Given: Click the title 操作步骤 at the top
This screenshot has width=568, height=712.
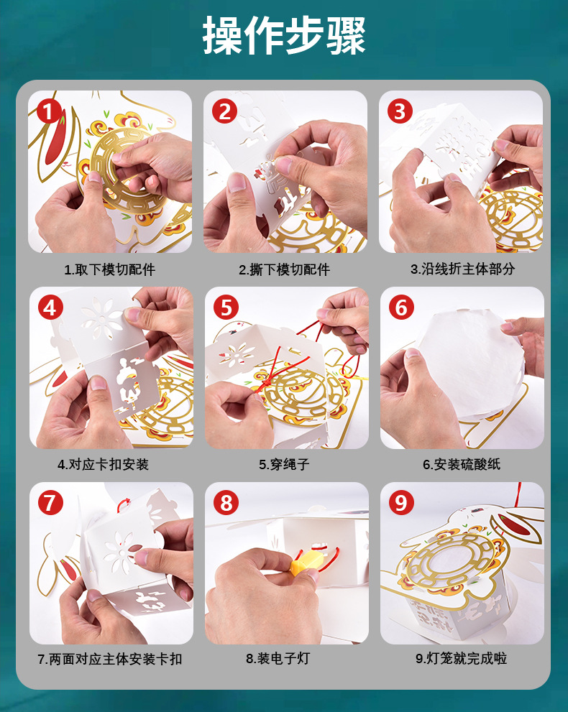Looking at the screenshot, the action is (284, 35).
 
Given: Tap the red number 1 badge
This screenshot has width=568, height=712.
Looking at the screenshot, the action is (49, 111).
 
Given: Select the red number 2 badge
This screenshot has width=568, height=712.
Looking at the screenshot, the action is (224, 111).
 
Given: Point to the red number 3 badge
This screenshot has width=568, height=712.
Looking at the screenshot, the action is (400, 111).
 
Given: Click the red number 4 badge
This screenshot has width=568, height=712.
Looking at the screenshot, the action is (50, 308).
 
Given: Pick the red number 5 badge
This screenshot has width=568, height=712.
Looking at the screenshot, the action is (226, 308).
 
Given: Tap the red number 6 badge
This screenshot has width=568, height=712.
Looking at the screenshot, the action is (401, 308).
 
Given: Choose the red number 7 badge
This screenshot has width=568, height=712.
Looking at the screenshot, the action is (50, 503).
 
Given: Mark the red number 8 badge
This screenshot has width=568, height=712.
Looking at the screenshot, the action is (226, 503).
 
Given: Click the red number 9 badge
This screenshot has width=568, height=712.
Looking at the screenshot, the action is (401, 503).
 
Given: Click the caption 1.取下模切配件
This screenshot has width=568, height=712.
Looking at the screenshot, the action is (109, 269).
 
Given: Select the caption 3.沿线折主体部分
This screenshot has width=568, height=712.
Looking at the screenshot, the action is (462, 269).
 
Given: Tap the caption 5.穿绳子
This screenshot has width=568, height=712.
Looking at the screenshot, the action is (284, 465).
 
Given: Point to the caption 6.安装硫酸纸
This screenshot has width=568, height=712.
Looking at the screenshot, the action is (461, 465).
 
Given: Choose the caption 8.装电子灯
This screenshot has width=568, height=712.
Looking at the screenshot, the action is (278, 658).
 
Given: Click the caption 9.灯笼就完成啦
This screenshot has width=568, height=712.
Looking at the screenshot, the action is (461, 658).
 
